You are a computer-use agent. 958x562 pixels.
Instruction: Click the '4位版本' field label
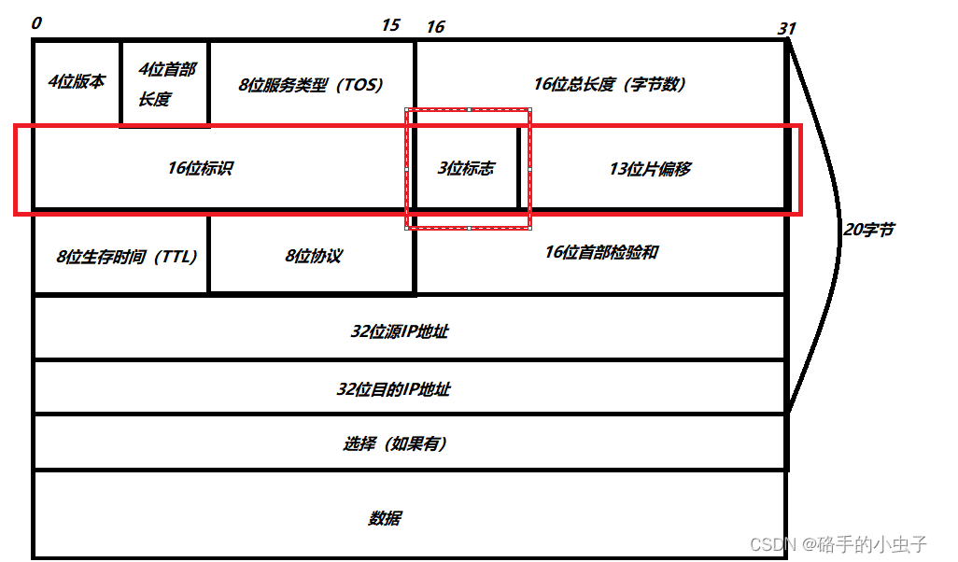point(77,81)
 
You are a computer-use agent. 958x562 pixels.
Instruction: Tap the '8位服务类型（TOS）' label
point(311,84)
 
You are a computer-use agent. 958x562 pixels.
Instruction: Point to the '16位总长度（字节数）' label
point(611,84)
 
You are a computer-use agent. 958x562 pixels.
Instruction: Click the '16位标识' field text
point(200,168)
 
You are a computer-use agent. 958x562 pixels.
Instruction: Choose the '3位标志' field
point(466,169)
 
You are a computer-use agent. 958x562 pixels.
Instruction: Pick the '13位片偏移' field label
point(650,169)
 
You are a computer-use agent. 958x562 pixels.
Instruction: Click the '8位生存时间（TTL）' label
point(127,257)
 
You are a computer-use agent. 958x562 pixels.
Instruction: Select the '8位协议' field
point(313,257)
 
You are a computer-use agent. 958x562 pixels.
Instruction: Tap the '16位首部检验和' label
point(600,252)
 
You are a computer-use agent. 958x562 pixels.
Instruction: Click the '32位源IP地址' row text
point(400,330)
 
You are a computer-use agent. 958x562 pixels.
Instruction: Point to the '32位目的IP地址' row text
point(393,388)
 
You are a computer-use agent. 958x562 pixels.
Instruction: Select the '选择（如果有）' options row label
point(394,443)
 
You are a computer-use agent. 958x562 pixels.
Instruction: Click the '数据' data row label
point(385,518)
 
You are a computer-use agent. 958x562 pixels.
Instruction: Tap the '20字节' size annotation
point(868,229)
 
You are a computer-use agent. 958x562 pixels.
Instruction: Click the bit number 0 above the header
point(36,23)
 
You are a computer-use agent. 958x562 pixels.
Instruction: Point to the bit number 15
point(390,25)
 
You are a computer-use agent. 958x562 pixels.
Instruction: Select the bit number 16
point(435,27)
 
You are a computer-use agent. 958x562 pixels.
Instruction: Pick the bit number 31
point(787,29)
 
